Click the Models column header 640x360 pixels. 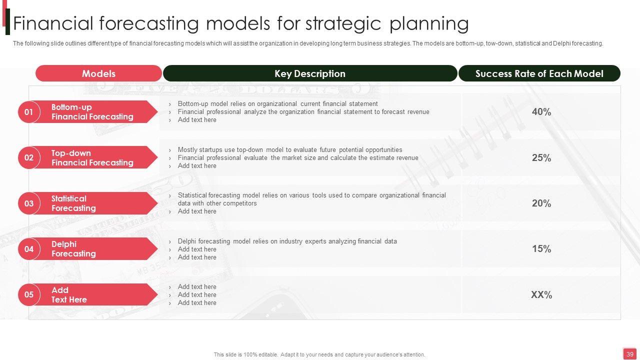tap(98, 73)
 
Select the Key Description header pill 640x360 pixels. tap(310, 73)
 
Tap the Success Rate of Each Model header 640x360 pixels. tap(539, 73)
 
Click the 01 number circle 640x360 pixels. tap(29, 111)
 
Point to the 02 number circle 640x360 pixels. tap(29, 157)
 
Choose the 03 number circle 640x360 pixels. tap(29, 203)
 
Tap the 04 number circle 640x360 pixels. tap(29, 249)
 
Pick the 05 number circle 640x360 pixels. tap(29, 294)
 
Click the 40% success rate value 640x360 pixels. tap(541, 111)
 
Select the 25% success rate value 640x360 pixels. tap(541, 157)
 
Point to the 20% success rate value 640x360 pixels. tap(541, 203)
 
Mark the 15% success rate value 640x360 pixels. tap(541, 248)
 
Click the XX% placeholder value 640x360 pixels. tap(541, 294)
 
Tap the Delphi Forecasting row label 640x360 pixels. tap(73, 249)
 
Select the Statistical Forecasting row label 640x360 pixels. tap(73, 203)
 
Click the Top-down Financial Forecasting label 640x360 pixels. tap(92, 157)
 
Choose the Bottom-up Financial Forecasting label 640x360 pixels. tap(92, 111)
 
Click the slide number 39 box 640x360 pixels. tap(629, 354)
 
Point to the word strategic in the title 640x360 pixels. tap(343, 23)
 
